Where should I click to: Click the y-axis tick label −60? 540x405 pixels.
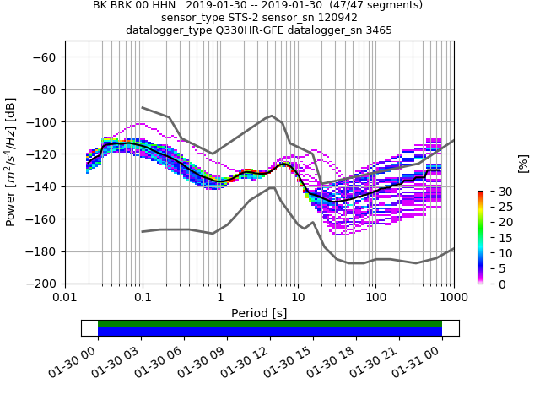tap(45, 57)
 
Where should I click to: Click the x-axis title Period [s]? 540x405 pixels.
tap(259, 313)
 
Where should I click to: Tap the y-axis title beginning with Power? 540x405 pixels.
tap(11, 163)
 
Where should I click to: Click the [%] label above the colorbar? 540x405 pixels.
tap(523, 163)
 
